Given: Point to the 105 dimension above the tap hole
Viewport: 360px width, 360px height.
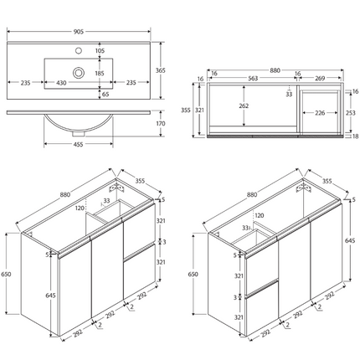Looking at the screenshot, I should (100, 51).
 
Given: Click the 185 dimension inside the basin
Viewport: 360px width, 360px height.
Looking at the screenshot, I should (100, 73).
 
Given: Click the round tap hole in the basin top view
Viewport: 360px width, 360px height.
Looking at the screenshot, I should (79, 73).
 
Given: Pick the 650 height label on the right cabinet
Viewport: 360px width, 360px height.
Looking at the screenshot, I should (193, 273).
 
